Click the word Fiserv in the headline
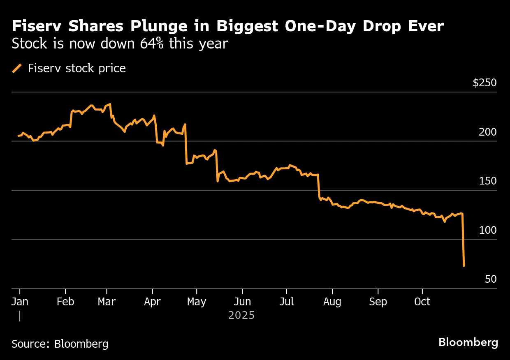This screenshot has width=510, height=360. pos(36,27)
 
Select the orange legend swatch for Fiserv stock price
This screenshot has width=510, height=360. pos(17,68)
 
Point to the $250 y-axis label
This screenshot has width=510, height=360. pos(484,83)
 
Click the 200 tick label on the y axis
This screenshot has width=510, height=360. pos(488,132)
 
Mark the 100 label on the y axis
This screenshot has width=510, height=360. pos(488,231)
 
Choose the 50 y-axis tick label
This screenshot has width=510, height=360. pos(491,279)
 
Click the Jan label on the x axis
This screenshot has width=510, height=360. pos(20,302)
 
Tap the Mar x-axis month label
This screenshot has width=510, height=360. pos(107,302)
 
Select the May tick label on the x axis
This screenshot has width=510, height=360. pos(197,302)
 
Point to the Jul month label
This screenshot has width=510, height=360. pos(287,302)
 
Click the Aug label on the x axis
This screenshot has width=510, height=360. pos(332,302)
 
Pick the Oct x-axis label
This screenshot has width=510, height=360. pos(422,302)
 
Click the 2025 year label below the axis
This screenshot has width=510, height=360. pos(241,316)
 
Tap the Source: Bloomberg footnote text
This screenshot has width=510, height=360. pos(60,344)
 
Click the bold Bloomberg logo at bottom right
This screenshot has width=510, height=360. pos(468,342)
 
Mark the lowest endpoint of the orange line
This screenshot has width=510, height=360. pos(464,266)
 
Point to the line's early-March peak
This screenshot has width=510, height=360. pos(110,104)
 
